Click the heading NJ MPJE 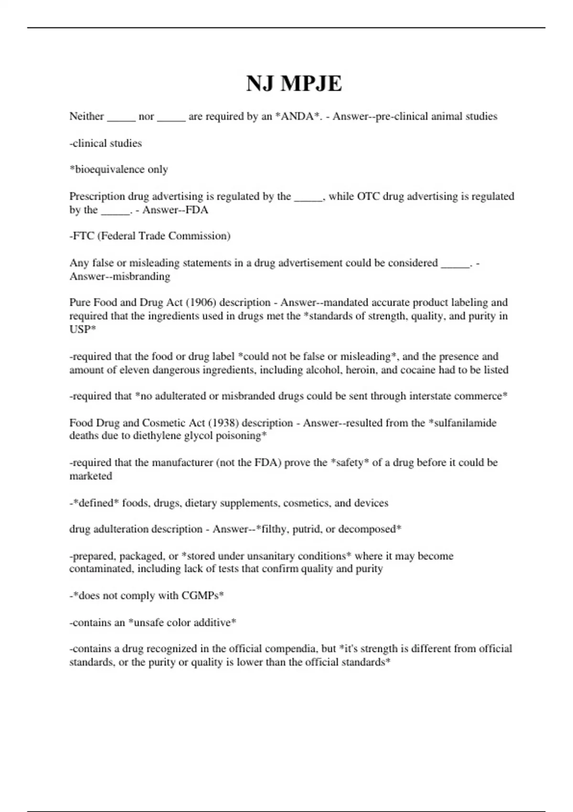click(294, 84)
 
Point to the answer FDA click(197, 210)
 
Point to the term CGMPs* click(202, 596)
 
